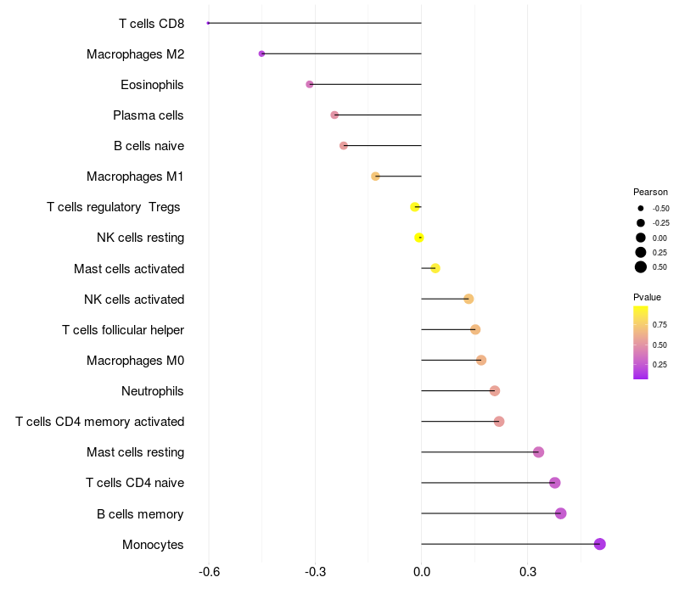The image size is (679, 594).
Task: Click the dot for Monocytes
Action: [600, 544]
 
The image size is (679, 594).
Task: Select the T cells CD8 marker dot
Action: [208, 23]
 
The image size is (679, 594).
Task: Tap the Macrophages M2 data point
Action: [261, 53]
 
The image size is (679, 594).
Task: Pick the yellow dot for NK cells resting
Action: [419, 238]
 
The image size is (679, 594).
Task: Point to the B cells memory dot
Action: [560, 513]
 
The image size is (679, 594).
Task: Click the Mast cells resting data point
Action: [538, 452]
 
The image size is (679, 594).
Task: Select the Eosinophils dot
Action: [310, 84]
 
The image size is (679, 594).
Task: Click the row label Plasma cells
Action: [149, 115]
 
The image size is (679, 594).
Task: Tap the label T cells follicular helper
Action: [123, 330]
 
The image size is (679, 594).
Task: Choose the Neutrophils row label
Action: [153, 391]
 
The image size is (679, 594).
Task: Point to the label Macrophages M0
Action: [135, 361]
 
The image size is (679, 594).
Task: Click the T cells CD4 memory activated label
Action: [100, 422]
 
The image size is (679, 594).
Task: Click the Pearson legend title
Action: [650, 192]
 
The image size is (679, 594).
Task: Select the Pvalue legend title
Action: [647, 297]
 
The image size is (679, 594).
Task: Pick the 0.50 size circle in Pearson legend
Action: [641, 267]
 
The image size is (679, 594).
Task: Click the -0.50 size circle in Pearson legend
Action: [641, 208]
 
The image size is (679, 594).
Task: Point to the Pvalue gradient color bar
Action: [641, 342]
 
